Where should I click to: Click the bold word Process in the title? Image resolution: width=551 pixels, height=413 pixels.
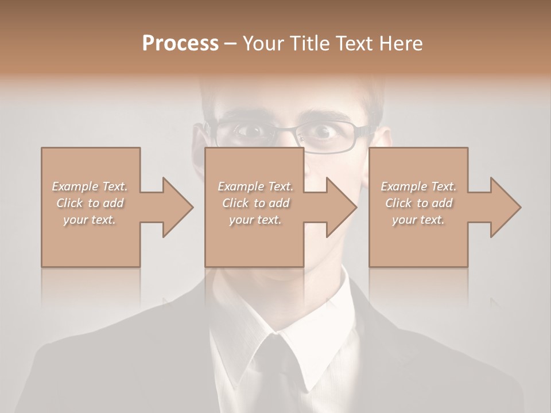click(180, 43)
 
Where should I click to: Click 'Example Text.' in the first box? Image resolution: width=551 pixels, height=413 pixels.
click(90, 186)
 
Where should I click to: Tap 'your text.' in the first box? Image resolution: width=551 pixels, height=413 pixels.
click(90, 219)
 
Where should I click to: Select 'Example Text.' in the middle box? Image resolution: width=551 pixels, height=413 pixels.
click(255, 186)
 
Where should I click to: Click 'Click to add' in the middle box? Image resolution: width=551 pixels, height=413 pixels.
click(255, 202)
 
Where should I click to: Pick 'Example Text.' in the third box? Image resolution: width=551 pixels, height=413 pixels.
click(418, 186)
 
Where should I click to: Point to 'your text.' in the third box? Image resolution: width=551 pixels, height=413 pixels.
click(418, 219)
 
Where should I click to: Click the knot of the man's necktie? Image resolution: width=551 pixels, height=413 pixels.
click(274, 350)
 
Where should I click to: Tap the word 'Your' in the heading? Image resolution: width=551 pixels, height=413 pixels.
click(263, 43)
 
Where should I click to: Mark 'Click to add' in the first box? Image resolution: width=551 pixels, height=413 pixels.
click(90, 202)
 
